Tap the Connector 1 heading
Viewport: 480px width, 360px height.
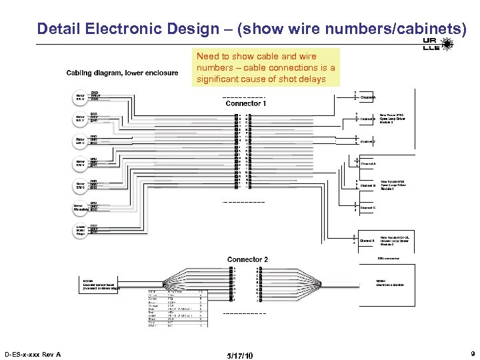click(246, 104)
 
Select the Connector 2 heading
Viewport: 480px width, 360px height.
click(247, 259)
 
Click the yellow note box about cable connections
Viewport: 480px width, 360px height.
click(267, 67)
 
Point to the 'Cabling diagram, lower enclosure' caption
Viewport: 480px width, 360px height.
click(122, 73)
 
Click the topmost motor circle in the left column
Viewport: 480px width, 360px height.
click(80, 97)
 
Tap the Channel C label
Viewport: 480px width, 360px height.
click(368, 208)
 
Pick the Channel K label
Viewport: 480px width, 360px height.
click(367, 240)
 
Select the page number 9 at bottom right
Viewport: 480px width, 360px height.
click(471, 354)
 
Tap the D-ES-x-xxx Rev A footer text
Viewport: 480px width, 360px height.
click(32, 354)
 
